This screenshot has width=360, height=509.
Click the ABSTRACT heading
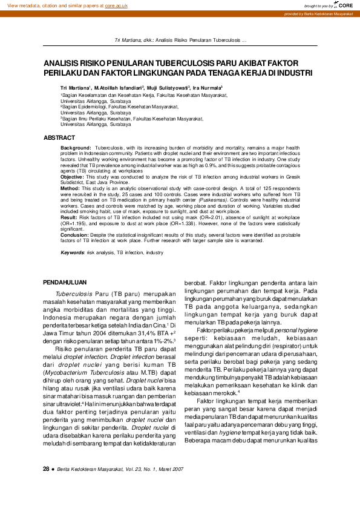click(60, 138)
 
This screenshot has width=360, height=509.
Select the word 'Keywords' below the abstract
click(72, 251)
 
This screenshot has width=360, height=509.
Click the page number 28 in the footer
click(46, 486)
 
